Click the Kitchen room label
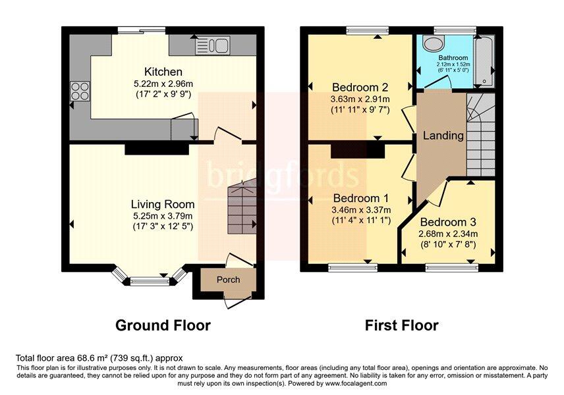[163, 72]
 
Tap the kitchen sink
[213, 45]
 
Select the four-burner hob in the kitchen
[80, 92]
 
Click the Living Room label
[163, 204]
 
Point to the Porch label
[229, 279]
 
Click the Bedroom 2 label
[360, 87]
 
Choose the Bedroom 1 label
[361, 198]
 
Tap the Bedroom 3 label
[448, 222]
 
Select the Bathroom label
[453, 57]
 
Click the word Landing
[443, 136]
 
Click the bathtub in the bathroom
[484, 61]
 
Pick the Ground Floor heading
[163, 325]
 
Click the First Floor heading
[402, 325]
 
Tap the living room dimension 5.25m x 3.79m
[163, 216]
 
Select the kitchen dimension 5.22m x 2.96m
[163, 84]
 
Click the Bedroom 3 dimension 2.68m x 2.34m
[448, 234]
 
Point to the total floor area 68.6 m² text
[99, 358]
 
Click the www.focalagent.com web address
[356, 383]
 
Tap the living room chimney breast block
[157, 149]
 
